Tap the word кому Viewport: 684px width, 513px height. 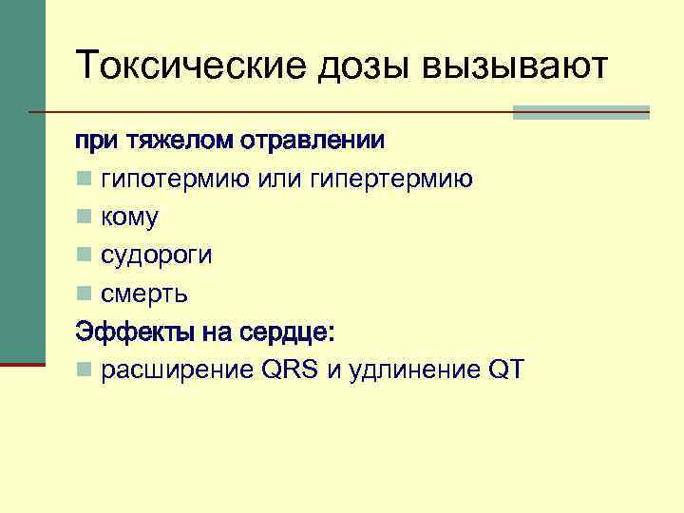click(x=130, y=218)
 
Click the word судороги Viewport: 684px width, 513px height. click(x=157, y=256)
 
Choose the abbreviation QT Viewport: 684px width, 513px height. click(x=504, y=370)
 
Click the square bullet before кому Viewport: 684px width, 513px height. click(x=85, y=218)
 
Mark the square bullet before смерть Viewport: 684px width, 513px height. click(x=85, y=294)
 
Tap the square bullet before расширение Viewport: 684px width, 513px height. click(x=85, y=370)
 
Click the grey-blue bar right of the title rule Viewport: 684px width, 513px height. click(x=580, y=112)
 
